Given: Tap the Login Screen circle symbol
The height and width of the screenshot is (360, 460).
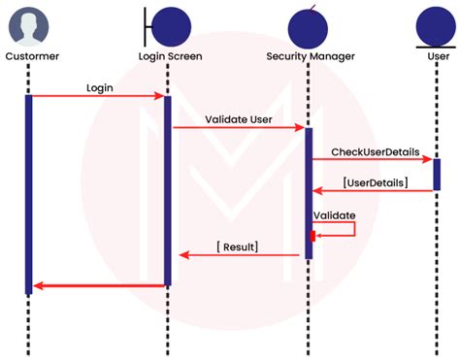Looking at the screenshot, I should point(172,25).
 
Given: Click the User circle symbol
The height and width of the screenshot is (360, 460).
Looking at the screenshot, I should point(435,25).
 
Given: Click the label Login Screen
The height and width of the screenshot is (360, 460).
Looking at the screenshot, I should point(171,56).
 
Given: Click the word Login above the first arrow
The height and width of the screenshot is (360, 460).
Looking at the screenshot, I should point(100,87).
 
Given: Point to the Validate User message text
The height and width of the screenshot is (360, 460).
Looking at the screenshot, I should point(239,119).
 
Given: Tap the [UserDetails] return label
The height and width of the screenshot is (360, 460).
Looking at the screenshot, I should point(375,181).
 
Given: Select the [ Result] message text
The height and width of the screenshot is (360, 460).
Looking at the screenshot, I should point(237,246).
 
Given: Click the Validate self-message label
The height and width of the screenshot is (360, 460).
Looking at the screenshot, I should point(334,214).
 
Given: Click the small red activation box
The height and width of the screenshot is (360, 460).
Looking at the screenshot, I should point(312,236).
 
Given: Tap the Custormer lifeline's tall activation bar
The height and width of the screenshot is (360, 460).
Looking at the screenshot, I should point(29,194).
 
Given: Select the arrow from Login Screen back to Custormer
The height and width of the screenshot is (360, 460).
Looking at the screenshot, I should point(97,285).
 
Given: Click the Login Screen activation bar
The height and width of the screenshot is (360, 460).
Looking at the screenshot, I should point(167,189).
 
